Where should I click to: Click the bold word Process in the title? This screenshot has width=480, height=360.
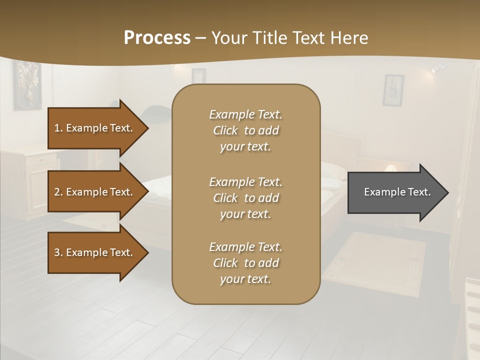click(x=157, y=38)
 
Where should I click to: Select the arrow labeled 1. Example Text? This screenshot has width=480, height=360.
click(x=95, y=128)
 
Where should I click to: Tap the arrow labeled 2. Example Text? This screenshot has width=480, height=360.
click(x=95, y=192)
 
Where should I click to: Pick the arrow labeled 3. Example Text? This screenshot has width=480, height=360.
click(x=95, y=252)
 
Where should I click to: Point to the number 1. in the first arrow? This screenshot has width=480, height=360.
click(x=58, y=128)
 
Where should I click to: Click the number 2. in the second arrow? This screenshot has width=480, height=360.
click(x=58, y=192)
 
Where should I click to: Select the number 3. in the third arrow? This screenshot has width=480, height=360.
click(x=58, y=252)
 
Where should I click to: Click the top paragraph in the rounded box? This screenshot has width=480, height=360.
click(x=245, y=130)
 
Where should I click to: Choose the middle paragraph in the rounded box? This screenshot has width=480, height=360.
click(x=245, y=198)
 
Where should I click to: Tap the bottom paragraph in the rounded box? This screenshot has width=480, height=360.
click(x=245, y=263)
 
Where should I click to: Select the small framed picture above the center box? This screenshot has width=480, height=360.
click(x=198, y=75)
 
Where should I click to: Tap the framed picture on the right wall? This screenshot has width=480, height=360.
click(x=393, y=90)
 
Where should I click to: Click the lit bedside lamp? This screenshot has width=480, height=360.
click(x=391, y=168)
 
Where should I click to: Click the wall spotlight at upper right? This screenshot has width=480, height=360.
click(x=438, y=68)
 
